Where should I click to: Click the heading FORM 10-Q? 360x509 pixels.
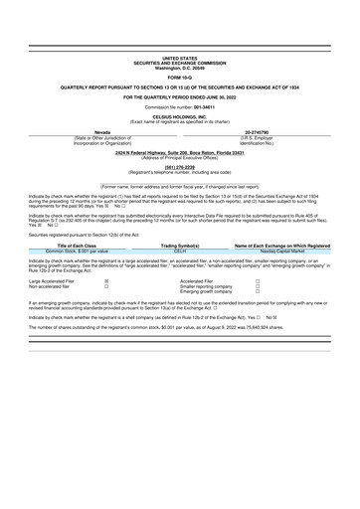pos(179,78)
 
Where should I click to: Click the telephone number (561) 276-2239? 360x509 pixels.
pos(179,168)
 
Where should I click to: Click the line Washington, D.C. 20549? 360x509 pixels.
pos(179,68)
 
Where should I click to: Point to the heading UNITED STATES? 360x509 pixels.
pos(179,59)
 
